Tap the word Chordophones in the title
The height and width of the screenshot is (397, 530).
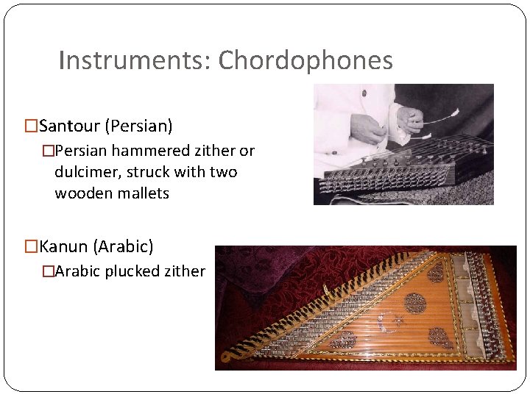pyautogui.click(x=305, y=60)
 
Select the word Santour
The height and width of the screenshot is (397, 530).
pyautogui.click(x=69, y=126)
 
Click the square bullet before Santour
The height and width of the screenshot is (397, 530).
pyautogui.click(x=31, y=126)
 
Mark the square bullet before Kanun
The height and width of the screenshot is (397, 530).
pyautogui.click(x=31, y=246)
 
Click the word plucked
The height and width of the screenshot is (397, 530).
pyautogui.click(x=132, y=271)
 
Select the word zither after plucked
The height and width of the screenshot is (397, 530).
pyautogui.click(x=185, y=271)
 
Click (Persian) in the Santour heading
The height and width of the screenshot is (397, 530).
pyautogui.click(x=139, y=126)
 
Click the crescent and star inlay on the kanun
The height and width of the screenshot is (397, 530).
pyautogui.click(x=388, y=321)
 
